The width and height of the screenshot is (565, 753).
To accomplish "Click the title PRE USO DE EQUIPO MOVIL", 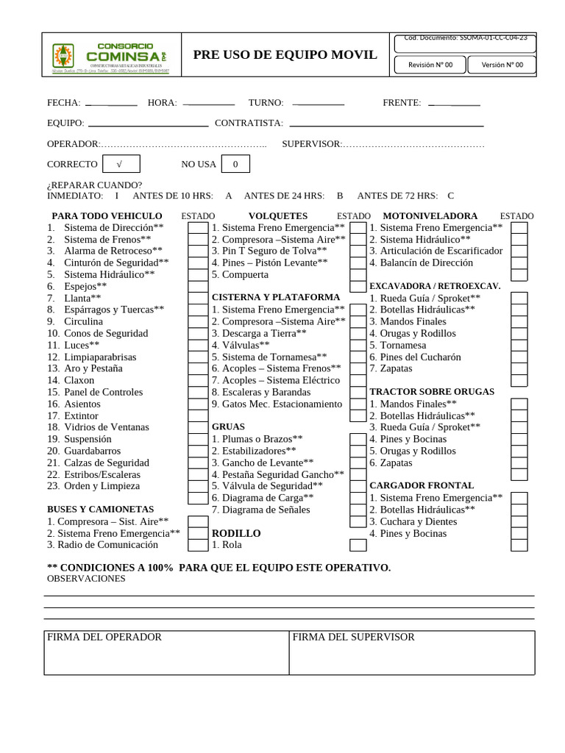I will coord(285,55).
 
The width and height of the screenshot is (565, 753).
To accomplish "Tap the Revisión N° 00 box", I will coord(430,65).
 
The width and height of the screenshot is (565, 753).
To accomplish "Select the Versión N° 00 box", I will coord(502,65).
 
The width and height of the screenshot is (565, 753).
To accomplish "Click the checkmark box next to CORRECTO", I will coord(121,164).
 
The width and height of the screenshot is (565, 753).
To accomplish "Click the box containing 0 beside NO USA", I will coord(235,164).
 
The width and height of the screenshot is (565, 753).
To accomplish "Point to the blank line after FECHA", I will coord(111,104).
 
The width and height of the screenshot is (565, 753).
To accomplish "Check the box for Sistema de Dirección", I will coord(197,228).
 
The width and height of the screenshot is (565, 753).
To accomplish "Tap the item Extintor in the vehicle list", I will coord(81,415).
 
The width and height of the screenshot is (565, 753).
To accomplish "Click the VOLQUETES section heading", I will coord(278,216).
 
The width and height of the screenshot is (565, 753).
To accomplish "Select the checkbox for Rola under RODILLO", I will coord(358,545).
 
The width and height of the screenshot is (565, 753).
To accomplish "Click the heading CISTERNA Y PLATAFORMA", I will coord(276,297).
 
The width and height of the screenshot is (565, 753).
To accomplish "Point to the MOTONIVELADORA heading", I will coord(430,216).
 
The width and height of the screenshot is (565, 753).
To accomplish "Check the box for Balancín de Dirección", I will coord(519,263).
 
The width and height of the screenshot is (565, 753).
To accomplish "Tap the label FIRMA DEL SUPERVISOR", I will coord(354,637).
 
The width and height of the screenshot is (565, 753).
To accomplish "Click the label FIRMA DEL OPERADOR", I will coord(104,637).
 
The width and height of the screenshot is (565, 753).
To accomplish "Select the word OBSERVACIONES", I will coord(86,579).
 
